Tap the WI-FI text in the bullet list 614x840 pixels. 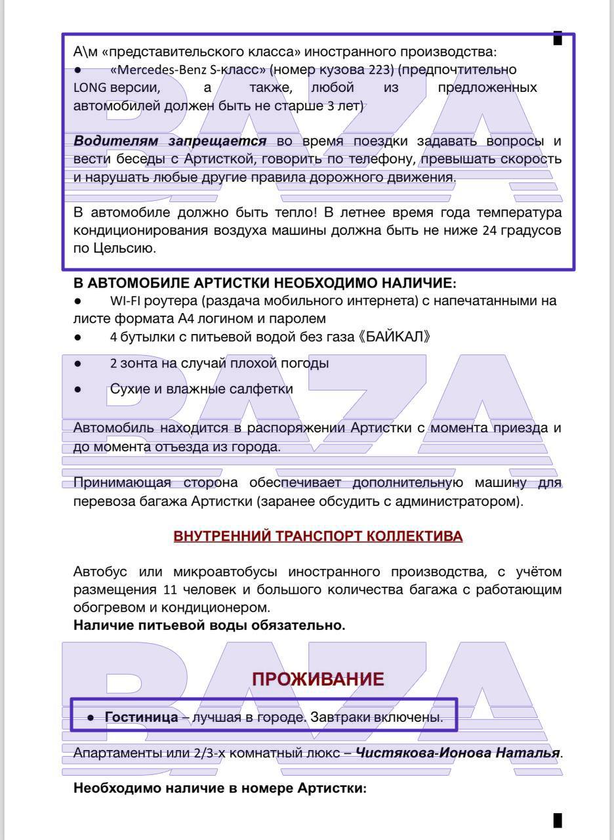click(128, 302)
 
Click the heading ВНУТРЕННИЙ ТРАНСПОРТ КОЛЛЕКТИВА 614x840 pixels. click(318, 537)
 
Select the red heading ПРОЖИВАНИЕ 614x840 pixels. click(318, 680)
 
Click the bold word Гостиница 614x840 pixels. click(141, 718)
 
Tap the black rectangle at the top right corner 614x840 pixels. click(558, 38)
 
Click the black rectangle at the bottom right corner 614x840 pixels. click(558, 820)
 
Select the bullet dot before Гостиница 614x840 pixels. click(91, 719)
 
